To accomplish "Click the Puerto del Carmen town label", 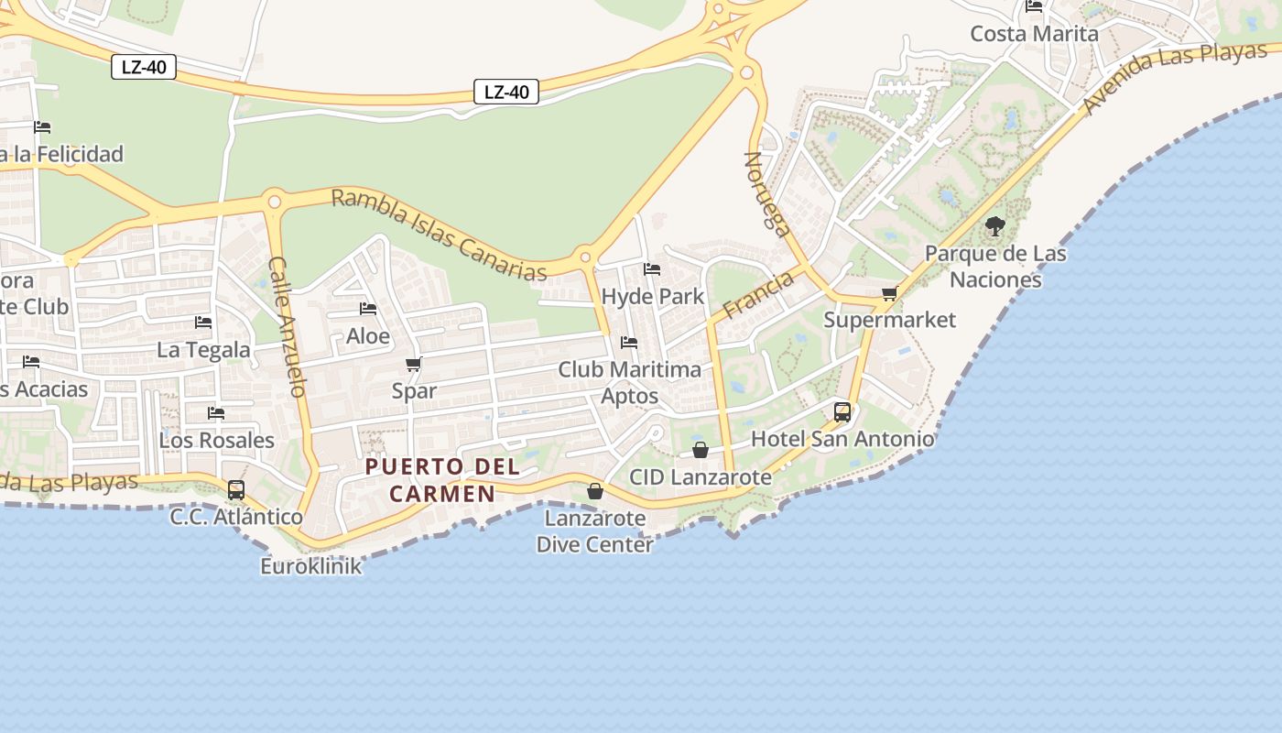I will point(443,480).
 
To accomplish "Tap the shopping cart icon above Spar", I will point(414,365).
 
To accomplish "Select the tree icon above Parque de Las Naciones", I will point(995,226).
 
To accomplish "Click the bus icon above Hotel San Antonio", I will point(842,412).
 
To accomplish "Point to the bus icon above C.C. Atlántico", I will point(236,490).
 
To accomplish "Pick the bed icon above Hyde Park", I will point(652,269).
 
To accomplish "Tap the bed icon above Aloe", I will point(368,309).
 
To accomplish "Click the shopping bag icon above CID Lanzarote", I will point(701,450).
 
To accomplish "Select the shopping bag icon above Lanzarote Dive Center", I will point(595,492).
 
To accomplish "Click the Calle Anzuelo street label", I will point(287,326).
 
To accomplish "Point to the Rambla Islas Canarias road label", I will point(440,235).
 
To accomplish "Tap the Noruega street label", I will point(767,194).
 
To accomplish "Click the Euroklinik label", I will point(311,566).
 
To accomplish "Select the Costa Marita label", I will point(1034,34).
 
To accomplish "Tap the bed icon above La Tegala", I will point(203,323).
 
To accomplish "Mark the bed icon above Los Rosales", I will point(216,413).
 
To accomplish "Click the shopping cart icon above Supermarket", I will point(889,294).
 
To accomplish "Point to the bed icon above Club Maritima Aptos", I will point(629,343).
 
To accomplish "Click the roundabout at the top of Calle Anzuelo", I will point(273,201).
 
